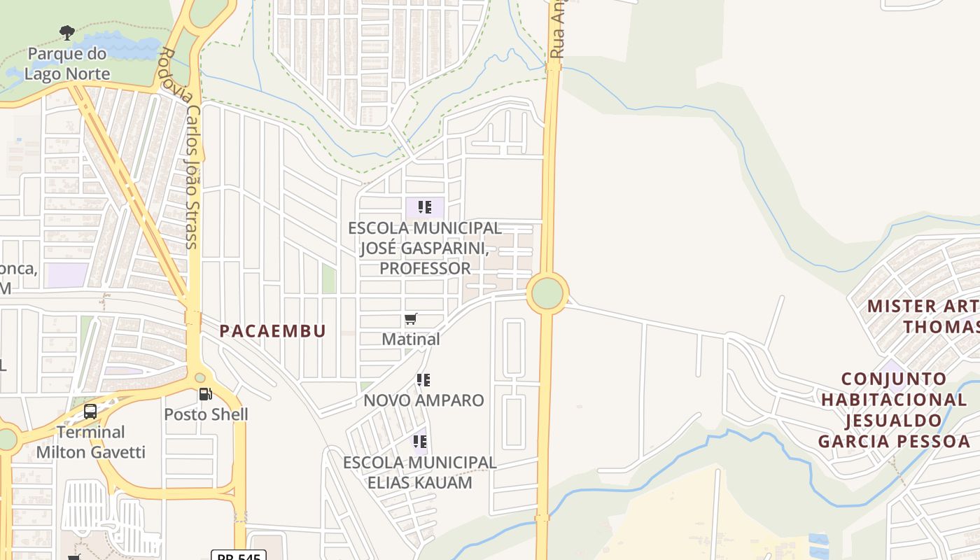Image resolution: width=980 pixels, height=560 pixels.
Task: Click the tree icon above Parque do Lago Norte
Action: tap(67, 32)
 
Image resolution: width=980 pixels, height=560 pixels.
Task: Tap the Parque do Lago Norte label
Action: tap(67, 64)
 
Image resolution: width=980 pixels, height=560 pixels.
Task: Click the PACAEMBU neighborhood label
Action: tap(273, 331)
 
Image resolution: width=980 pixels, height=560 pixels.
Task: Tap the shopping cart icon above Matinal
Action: tap(411, 319)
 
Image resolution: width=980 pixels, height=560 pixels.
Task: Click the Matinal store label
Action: tap(411, 339)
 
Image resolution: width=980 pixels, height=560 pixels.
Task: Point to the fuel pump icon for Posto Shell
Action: tap(205, 394)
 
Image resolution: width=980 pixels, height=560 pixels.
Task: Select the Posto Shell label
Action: tap(206, 414)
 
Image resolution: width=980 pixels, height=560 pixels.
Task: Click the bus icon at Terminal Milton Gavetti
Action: tap(90, 412)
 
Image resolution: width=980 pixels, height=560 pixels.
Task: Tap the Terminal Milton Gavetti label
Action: tap(91, 442)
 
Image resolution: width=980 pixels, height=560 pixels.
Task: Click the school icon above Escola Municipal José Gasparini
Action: tap(424, 207)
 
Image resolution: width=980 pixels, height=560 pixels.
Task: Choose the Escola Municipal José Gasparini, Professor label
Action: tap(425, 248)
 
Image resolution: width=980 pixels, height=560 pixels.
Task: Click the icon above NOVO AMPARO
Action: tap(423, 380)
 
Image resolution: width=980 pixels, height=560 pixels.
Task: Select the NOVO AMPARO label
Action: tap(423, 400)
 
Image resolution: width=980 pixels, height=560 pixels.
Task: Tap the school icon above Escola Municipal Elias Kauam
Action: tap(419, 442)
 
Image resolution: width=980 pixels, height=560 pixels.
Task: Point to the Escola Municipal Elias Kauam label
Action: tap(419, 472)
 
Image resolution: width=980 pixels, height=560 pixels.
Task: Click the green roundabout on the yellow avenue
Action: tap(547, 293)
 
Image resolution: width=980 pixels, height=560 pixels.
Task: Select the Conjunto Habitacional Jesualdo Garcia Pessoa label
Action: tap(894, 410)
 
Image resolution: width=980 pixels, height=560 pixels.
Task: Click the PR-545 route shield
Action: tap(238, 556)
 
